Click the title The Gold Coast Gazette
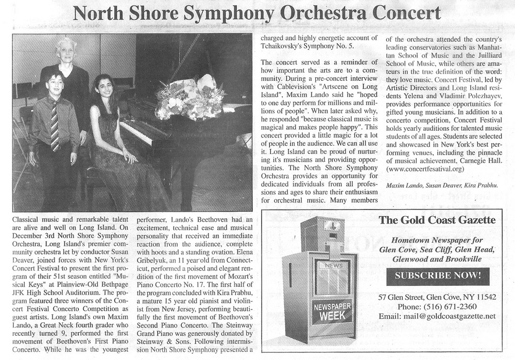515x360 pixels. click(x=437, y=220)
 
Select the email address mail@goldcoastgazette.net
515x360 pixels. click(x=437, y=316)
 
